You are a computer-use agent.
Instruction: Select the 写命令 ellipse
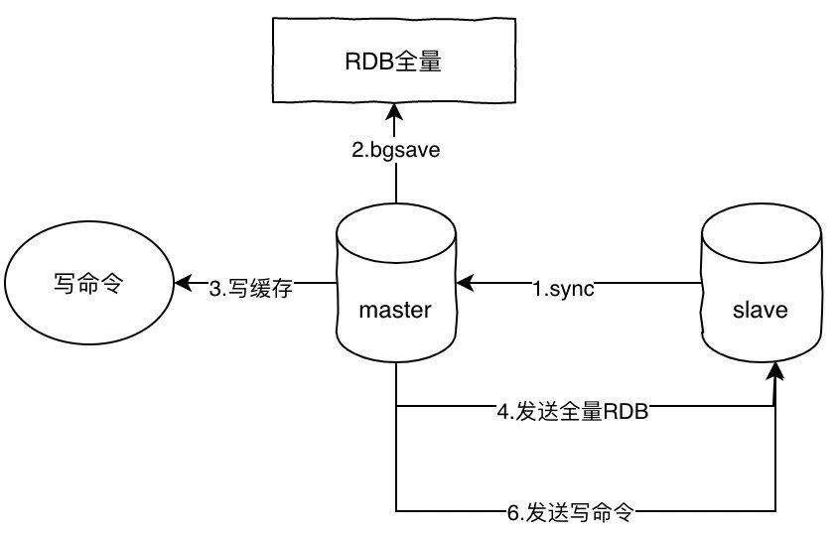[x=87, y=284]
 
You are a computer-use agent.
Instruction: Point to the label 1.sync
[x=563, y=290]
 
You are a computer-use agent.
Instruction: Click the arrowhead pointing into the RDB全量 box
[x=395, y=106]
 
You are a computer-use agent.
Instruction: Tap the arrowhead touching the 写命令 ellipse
[x=182, y=284]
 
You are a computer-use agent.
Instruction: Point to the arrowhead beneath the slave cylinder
[x=775, y=374]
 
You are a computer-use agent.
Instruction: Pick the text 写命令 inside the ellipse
[x=87, y=284]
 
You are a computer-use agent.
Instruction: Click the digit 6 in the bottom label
[x=512, y=513]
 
